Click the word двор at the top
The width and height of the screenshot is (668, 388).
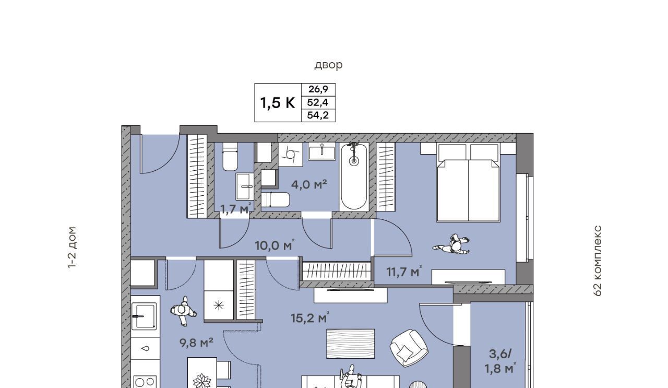pos(328,65)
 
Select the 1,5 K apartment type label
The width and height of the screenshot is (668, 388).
pos(278,103)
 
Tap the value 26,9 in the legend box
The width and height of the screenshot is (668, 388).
pos(318,89)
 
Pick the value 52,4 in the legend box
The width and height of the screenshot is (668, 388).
pos(318,103)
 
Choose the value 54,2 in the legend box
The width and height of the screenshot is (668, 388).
pos(318,115)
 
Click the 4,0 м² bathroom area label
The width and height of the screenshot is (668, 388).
pos(309,184)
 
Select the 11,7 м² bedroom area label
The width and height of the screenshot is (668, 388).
pos(404,272)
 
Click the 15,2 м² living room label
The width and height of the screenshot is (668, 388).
pos(310,318)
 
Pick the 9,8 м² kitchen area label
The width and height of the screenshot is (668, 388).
pos(196,343)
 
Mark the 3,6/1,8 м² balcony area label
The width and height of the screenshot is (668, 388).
pos(500,362)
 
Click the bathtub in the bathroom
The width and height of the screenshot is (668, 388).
pos(354,176)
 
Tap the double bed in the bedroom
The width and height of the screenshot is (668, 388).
pos(468,182)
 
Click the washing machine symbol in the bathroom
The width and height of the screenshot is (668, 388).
pos(291,154)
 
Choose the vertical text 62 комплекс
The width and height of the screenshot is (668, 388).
pos(598,261)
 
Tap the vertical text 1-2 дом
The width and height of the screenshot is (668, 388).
pos(72,248)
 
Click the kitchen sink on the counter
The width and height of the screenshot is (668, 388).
pos(145,316)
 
